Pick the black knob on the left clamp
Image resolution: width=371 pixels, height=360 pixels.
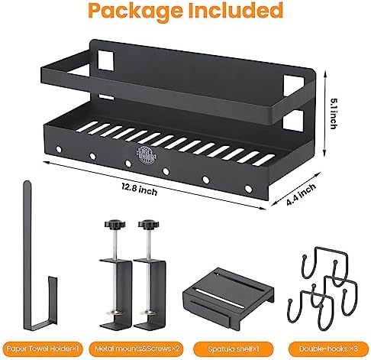[x=111, y=225]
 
